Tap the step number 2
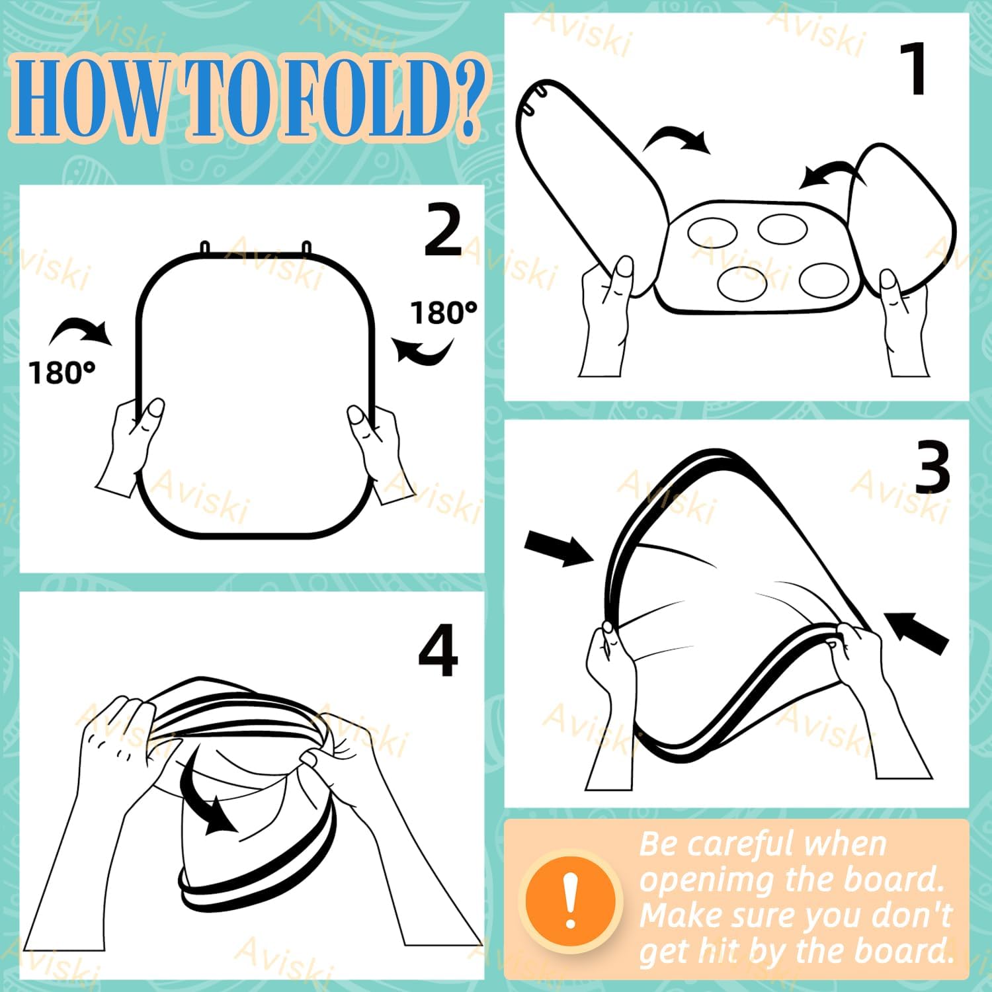click(x=443, y=229)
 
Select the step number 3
click(x=932, y=467)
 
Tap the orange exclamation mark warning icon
click(x=570, y=900)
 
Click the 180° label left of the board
click(x=62, y=372)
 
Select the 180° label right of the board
click(x=444, y=312)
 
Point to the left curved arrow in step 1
click(x=676, y=138)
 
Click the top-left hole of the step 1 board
click(x=712, y=233)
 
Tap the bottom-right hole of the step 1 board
click(x=824, y=280)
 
